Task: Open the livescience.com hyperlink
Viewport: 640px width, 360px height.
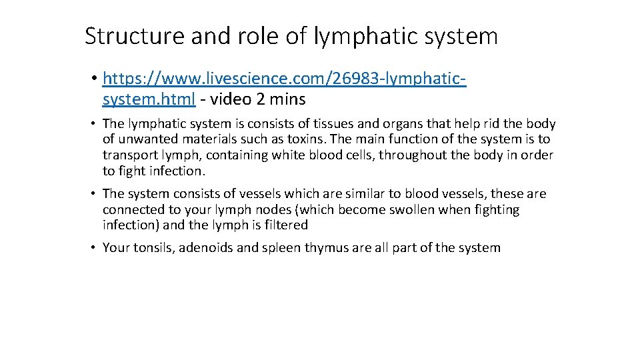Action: coord(284,79)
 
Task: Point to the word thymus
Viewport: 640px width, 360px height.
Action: coord(329,248)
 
